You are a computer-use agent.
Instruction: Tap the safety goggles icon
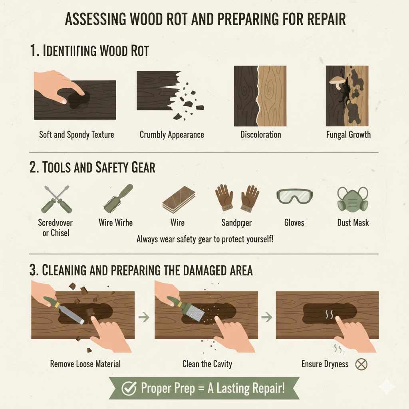(294, 196)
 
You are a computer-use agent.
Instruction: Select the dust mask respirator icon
(353, 199)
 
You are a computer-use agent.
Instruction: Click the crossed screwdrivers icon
(57, 198)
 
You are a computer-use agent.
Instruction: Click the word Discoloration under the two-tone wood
(260, 135)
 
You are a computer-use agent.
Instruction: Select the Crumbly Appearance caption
(172, 135)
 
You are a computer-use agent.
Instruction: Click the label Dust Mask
(353, 222)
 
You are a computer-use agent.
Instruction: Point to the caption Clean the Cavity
(207, 364)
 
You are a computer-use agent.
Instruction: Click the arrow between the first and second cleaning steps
(144, 318)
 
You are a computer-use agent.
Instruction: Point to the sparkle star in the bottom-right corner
(387, 387)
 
